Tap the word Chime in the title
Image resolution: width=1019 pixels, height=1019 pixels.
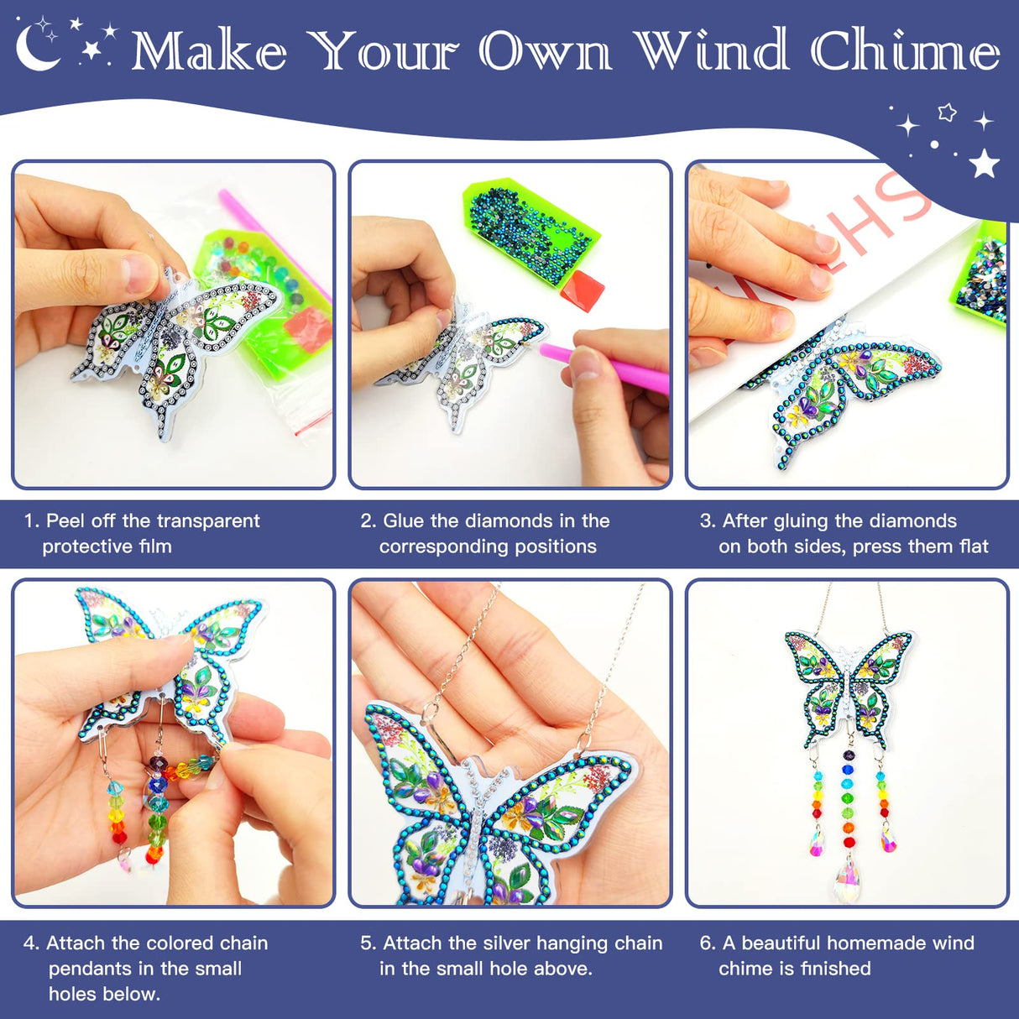[906, 51]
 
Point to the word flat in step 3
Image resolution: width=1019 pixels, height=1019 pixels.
[971, 546]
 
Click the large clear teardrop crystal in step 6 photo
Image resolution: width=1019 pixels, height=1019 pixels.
[848, 875]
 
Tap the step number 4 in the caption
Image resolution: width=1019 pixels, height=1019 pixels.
[30, 943]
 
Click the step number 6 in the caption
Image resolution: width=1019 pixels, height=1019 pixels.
[707, 943]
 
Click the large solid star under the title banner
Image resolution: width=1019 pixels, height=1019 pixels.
[984, 163]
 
